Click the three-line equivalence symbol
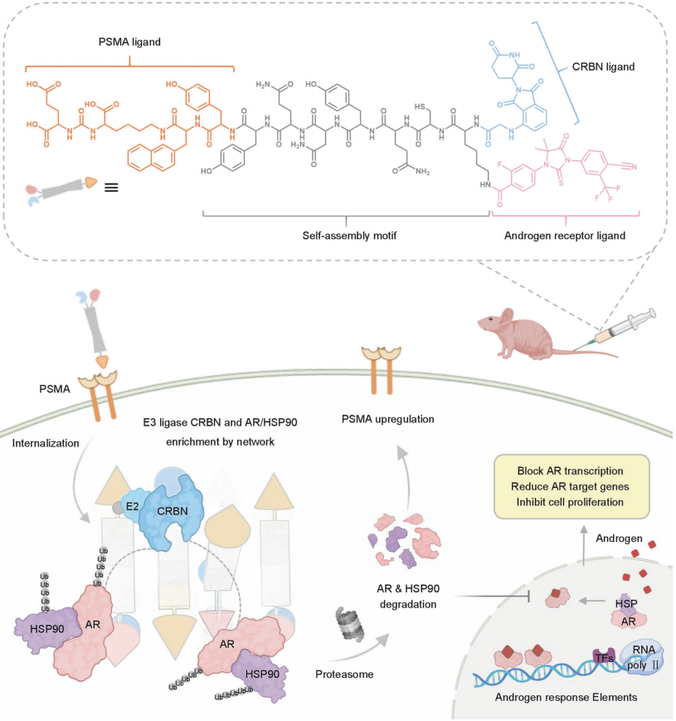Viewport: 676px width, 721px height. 109,187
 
